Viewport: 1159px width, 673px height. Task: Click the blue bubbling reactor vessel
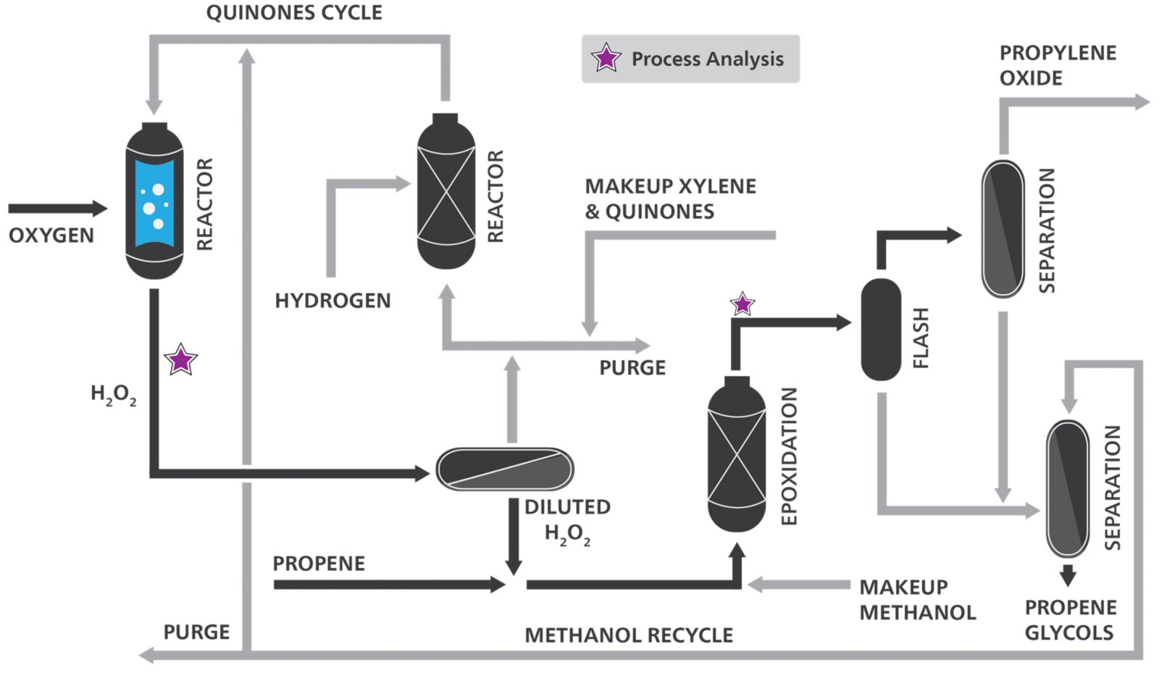click(154, 201)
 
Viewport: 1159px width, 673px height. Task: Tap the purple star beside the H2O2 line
click(180, 359)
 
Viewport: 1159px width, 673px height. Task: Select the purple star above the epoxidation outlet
click(742, 304)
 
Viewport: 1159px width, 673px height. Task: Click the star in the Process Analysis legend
click(606, 58)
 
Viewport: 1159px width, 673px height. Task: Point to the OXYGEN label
click(51, 235)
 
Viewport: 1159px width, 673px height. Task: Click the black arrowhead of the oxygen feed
click(99, 209)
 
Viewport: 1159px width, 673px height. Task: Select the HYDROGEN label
click(332, 301)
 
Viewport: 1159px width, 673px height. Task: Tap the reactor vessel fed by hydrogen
click(446, 192)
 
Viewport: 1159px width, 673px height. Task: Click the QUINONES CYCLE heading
click(294, 13)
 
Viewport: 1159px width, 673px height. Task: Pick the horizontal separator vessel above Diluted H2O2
click(505, 469)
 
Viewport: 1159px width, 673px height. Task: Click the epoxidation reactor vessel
click(737, 454)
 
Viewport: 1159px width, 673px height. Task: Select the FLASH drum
click(881, 330)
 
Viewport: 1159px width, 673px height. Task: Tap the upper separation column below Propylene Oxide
click(1003, 229)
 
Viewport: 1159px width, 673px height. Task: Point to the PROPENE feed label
click(319, 564)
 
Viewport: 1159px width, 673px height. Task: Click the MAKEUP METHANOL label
click(917, 600)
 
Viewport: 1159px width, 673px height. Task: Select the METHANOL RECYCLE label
click(629, 635)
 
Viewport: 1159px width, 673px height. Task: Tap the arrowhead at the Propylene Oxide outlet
click(1142, 102)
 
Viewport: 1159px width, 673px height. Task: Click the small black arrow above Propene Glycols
click(1068, 576)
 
